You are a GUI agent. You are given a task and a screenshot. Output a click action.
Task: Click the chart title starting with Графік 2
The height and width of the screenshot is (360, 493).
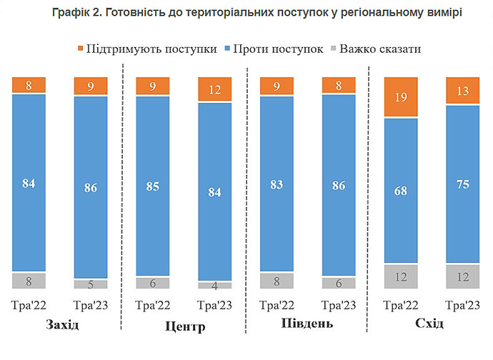pyautogui.click(x=246, y=13)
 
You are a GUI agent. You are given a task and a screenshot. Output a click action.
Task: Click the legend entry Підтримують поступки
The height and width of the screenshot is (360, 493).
pyautogui.click(x=147, y=49)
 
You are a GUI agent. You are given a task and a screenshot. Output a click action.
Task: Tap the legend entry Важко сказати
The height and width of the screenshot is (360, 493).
pyautogui.click(x=374, y=49)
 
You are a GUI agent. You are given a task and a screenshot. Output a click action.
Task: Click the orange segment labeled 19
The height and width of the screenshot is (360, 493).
pyautogui.click(x=402, y=97)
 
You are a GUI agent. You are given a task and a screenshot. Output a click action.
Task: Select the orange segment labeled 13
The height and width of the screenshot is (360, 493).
pyautogui.click(x=464, y=91)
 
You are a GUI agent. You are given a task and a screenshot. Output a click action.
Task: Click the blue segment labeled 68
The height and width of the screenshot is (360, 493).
pyautogui.click(x=402, y=191)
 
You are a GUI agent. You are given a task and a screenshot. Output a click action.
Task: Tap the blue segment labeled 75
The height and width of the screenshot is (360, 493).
pyautogui.click(x=464, y=184)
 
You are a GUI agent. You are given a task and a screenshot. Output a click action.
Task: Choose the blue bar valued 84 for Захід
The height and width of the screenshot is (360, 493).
pyautogui.click(x=29, y=183)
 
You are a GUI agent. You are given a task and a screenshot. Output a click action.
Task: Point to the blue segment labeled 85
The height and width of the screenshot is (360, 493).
pyautogui.click(x=153, y=186)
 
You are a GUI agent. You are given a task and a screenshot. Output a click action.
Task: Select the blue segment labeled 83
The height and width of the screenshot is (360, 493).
pyautogui.click(x=277, y=184)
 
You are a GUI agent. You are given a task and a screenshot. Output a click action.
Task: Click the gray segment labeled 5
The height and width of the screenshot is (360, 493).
pyautogui.click(x=91, y=284)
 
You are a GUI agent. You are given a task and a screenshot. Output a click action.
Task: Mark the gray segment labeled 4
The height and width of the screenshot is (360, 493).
pyautogui.click(x=215, y=285)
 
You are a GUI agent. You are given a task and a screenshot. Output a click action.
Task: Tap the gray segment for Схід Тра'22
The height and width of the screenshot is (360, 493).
pyautogui.click(x=402, y=276)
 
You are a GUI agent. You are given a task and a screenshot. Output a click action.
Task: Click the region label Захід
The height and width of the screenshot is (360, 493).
pyautogui.click(x=61, y=326)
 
